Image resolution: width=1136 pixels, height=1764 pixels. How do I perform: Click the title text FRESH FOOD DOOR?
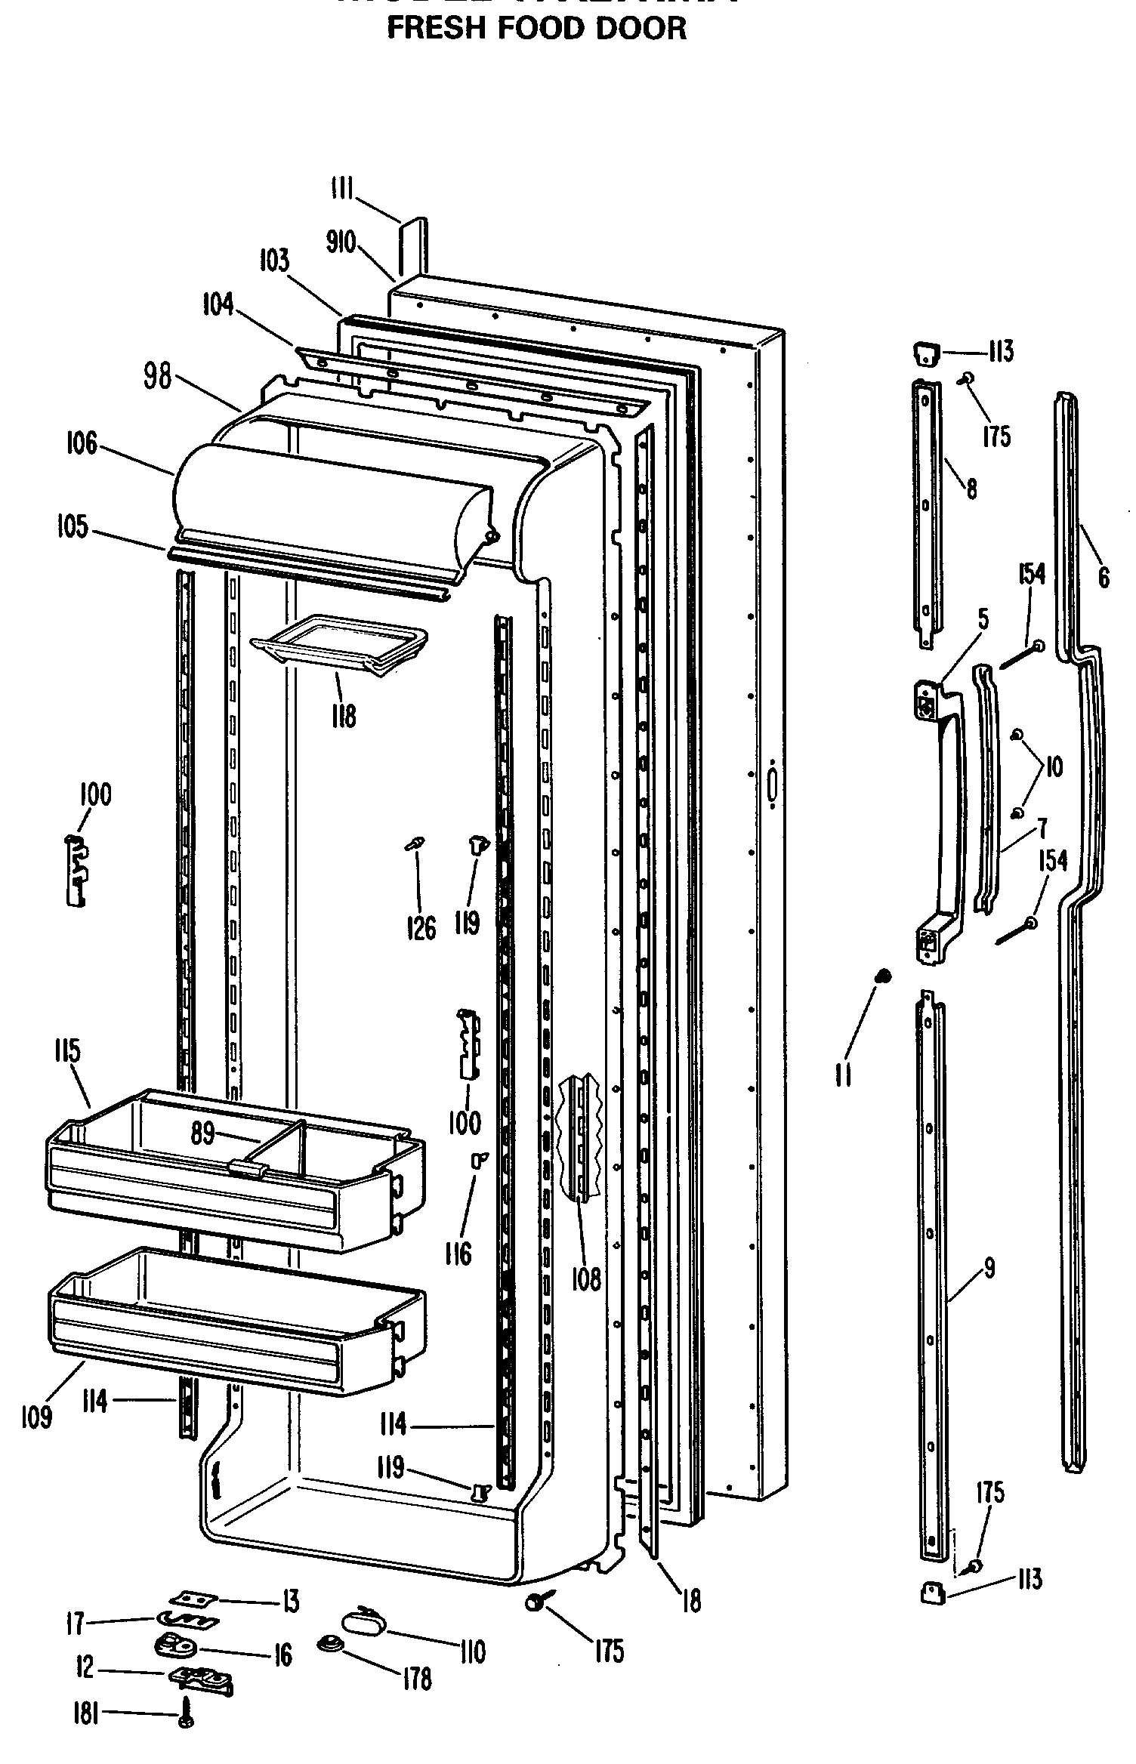click(536, 28)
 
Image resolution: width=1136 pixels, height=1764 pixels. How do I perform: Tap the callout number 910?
click(341, 243)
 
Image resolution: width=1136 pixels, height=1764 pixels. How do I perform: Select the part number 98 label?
click(157, 377)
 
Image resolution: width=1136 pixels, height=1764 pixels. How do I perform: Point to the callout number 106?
click(81, 443)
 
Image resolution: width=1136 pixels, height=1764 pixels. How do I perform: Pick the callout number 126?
click(421, 928)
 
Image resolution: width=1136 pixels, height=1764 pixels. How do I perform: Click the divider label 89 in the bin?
click(202, 1133)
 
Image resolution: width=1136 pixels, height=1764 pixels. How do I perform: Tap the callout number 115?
click(68, 1052)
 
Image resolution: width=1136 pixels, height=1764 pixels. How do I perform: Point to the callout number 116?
click(458, 1254)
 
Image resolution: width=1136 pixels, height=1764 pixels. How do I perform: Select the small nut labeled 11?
click(881, 976)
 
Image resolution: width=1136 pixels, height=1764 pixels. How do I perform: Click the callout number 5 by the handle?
click(982, 619)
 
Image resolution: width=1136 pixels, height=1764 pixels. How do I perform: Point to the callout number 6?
click(1104, 578)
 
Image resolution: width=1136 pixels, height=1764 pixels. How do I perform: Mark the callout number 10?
click(1053, 767)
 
